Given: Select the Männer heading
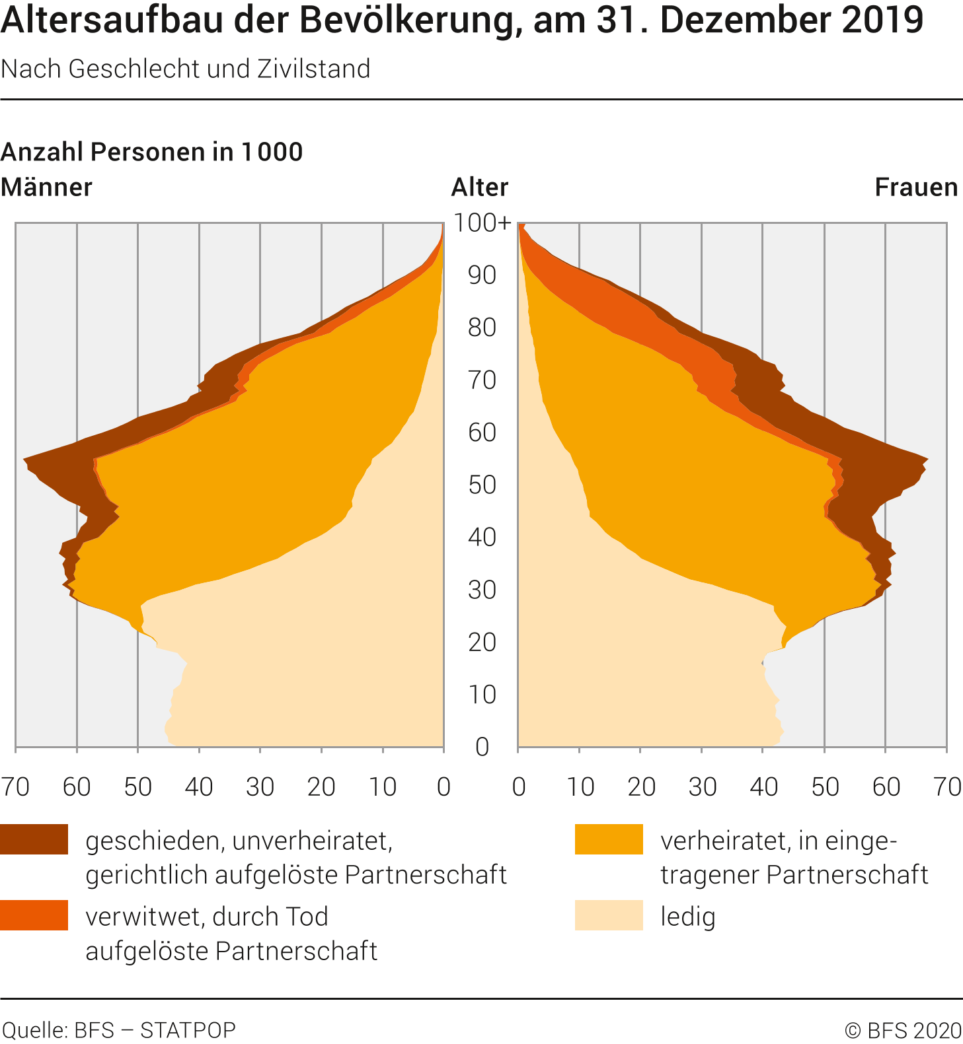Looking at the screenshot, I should tap(46, 188).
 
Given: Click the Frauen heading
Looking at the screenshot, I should tap(916, 188).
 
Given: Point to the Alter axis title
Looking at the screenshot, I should tap(480, 188).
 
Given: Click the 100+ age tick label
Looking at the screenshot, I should tap(482, 223).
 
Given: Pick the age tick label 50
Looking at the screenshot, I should tap(482, 485).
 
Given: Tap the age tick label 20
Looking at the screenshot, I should tap(482, 642).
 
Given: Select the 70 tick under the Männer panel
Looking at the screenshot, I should tap(15, 786).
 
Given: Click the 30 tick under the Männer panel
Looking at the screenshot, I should tap(260, 786).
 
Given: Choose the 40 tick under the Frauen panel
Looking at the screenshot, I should tap(763, 786).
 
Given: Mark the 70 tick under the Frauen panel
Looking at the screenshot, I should tap(946, 786).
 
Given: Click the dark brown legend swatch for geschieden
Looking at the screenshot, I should tap(34, 839).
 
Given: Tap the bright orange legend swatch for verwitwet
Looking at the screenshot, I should tap(34, 915).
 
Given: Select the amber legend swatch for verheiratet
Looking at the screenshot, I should tap(609, 839).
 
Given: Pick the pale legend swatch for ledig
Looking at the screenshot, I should tap(609, 915).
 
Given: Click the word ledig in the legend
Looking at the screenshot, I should tap(688, 917).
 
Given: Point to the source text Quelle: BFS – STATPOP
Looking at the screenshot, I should tap(119, 1029).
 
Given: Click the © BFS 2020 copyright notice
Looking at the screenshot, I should tap(903, 1029).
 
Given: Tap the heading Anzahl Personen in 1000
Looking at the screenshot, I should tap(151, 152).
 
